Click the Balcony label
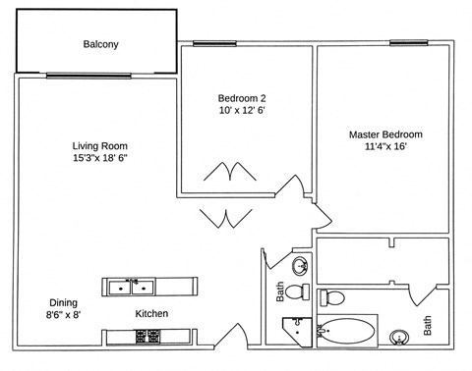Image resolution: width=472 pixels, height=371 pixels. point(100,44)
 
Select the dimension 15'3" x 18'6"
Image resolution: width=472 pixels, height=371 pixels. point(100,157)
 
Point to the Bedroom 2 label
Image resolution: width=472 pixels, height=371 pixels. point(242,98)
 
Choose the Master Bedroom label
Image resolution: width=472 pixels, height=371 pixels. point(385,133)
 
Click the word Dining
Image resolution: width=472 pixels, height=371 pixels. point(64,302)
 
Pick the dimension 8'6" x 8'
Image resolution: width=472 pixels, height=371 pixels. point(64,315)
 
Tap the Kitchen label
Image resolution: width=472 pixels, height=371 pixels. point(151,313)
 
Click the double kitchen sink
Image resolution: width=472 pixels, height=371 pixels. point(131,287)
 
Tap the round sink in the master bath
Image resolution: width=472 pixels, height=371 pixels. point(399,338)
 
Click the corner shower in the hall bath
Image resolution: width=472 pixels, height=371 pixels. point(293,332)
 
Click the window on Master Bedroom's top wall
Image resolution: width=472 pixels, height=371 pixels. point(405,42)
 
